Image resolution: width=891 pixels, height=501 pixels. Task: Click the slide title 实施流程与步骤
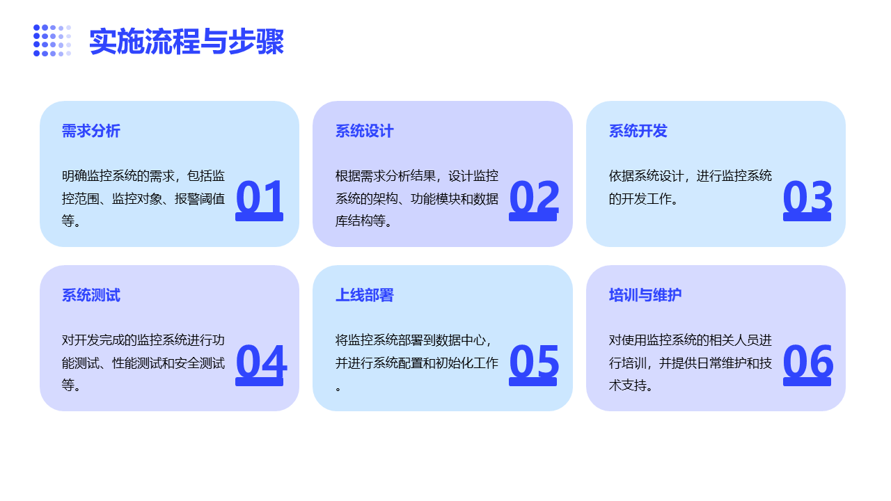click(x=187, y=41)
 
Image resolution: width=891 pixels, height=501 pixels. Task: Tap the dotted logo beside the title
click(x=52, y=40)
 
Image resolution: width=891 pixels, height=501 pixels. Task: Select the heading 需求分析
click(x=90, y=131)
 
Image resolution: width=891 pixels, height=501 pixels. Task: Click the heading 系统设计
click(x=364, y=131)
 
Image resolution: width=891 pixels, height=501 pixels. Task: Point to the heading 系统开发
click(x=638, y=131)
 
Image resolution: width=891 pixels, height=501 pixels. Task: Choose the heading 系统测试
click(x=90, y=295)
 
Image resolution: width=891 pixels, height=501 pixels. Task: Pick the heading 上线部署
click(x=364, y=295)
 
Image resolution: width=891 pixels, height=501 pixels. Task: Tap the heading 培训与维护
click(x=645, y=295)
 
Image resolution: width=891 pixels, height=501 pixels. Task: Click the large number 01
click(x=260, y=199)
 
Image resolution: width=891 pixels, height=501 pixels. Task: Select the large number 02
click(x=533, y=199)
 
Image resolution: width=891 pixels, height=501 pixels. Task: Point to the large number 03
click(x=807, y=199)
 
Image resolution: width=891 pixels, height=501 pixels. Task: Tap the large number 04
click(x=261, y=363)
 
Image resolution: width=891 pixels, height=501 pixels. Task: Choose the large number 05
click(x=534, y=363)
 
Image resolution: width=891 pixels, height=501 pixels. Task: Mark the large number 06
click(x=808, y=363)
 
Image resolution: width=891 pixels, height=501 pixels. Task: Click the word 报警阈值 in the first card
click(x=200, y=198)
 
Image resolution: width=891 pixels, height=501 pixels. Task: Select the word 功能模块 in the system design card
click(x=436, y=198)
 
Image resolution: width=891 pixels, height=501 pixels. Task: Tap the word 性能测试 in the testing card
click(x=137, y=363)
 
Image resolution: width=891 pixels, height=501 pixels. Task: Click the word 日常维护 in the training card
click(x=709, y=363)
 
